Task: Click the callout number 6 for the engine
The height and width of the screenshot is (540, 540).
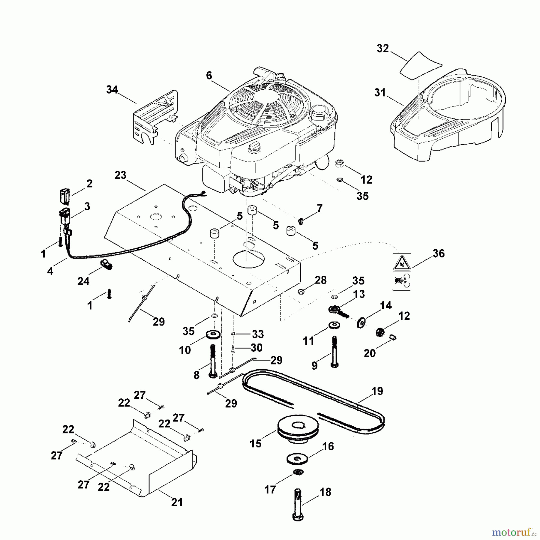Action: coord(209,76)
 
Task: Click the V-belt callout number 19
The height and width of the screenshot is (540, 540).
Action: coord(377,391)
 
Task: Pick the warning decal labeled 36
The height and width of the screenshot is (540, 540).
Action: coord(402,272)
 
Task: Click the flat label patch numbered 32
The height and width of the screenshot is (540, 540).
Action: coord(421,65)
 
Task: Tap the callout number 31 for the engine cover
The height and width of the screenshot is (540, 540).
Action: coord(380,93)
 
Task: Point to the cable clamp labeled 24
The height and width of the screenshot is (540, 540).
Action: coord(106,264)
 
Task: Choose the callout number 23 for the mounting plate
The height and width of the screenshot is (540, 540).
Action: coord(120,175)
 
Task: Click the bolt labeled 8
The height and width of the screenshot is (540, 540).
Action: coord(212,361)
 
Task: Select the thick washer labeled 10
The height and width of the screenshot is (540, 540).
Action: coord(213,334)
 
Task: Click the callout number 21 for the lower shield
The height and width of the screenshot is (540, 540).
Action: coord(177,502)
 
